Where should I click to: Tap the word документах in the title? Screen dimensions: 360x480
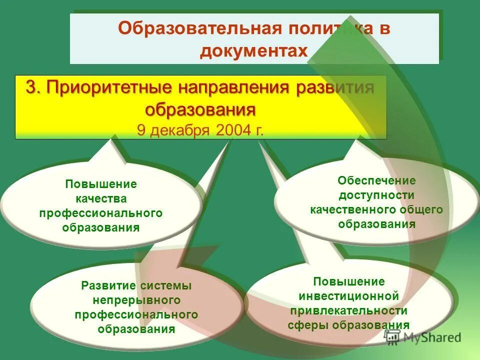(x=254, y=51)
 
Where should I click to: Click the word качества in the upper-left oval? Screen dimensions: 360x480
(x=101, y=198)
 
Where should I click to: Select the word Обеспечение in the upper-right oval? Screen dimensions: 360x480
(x=376, y=180)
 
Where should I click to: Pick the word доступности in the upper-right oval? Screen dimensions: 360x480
(x=376, y=195)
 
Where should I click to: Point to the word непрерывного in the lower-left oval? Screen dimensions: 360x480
(x=136, y=300)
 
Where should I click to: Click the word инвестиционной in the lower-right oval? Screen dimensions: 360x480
(x=349, y=296)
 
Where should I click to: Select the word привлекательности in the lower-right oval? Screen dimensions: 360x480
(x=349, y=310)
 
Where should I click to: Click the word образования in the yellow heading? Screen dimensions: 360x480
(x=200, y=108)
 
